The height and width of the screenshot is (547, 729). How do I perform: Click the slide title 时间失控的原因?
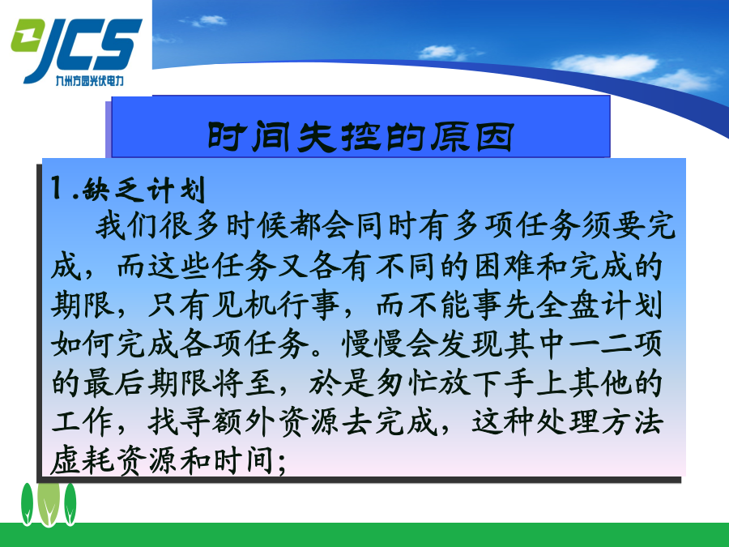(x=360, y=136)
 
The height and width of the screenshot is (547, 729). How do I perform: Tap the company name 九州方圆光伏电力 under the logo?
(x=90, y=81)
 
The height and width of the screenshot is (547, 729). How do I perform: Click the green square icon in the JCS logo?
(x=28, y=35)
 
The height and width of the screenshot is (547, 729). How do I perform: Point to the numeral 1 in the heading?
(x=58, y=188)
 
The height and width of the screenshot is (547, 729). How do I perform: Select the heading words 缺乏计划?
(x=144, y=190)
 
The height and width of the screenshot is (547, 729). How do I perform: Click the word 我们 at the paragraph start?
(x=127, y=226)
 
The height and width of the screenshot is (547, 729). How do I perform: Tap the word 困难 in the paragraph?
(x=504, y=266)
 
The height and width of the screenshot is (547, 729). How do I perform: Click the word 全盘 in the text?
(x=566, y=306)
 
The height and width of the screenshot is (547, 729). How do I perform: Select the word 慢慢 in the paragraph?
(x=373, y=344)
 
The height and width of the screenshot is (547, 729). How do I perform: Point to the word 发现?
(x=470, y=344)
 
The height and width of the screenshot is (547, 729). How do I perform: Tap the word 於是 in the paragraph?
(x=341, y=383)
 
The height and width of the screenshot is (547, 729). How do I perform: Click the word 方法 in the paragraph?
(x=632, y=422)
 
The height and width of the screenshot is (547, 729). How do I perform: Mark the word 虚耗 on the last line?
(x=83, y=461)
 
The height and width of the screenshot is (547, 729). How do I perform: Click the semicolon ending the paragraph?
(x=281, y=464)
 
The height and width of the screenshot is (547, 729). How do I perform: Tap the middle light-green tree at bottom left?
(x=49, y=504)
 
